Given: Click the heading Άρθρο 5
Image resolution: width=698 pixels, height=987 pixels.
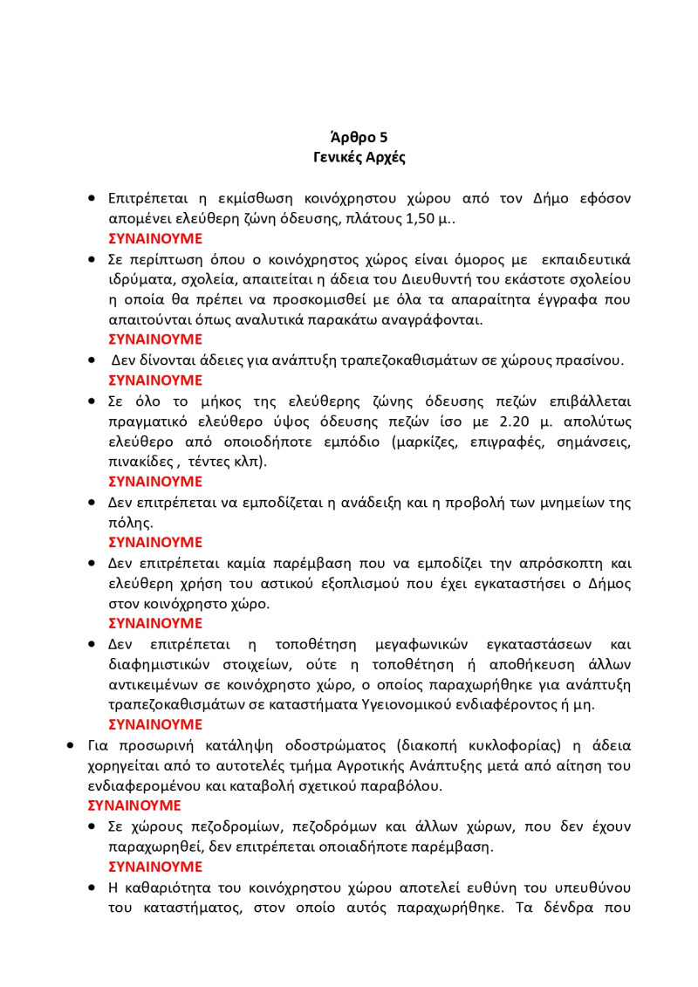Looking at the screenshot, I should click(x=359, y=137).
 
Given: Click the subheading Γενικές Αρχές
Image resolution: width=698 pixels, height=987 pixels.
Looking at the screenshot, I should click(x=359, y=158).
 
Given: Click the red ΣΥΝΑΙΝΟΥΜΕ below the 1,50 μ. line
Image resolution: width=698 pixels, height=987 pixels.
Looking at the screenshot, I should click(x=155, y=238).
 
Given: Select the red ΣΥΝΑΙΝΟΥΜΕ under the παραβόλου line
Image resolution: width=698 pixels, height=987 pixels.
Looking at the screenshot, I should click(x=134, y=805).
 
